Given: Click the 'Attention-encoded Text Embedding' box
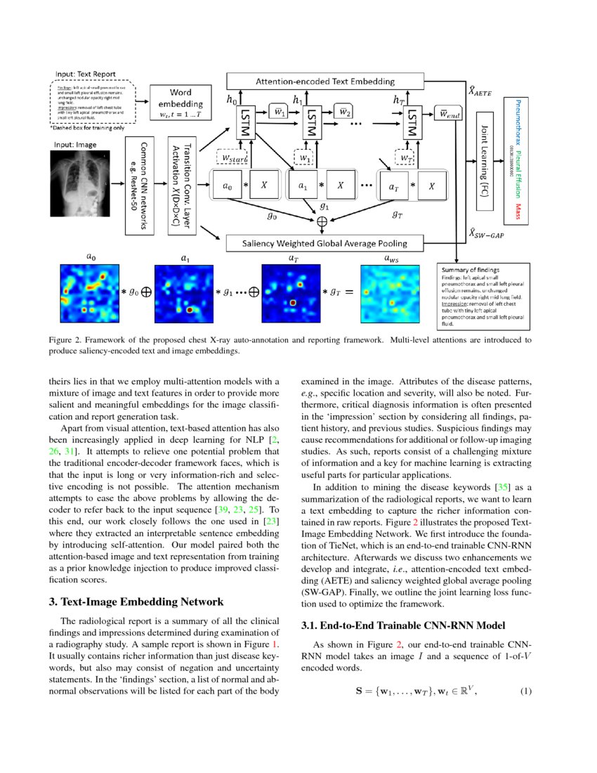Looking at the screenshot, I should pyautogui.click(x=324, y=82).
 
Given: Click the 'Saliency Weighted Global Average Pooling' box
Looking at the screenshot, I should pyautogui.click(x=324, y=244).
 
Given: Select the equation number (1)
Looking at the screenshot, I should pyautogui.click(x=525, y=691).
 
